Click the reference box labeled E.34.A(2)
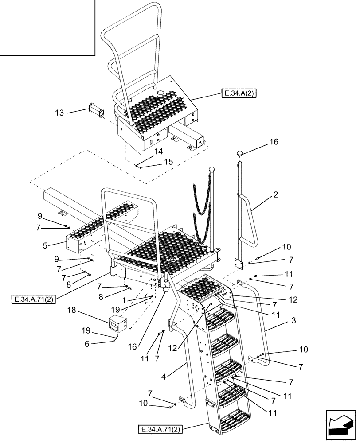click(239, 93)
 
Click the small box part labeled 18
click(118, 326)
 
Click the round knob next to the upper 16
click(240, 154)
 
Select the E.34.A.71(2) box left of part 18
click(33, 299)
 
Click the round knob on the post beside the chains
click(212, 170)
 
